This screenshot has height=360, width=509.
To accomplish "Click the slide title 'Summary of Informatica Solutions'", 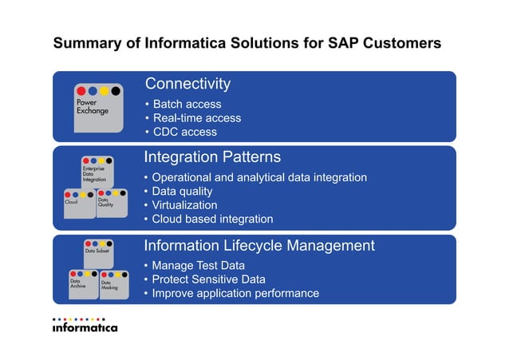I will click(247, 42).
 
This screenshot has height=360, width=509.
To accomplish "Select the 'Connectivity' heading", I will click(187, 84).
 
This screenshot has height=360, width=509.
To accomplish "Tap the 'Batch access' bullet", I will click(187, 104).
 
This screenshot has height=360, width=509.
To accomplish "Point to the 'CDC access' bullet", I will click(184, 132).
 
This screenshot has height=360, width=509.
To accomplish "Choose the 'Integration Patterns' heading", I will click(211, 156).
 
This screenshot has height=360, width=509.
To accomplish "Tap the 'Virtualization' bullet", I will click(184, 205).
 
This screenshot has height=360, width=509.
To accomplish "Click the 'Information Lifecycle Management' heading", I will click(259, 245).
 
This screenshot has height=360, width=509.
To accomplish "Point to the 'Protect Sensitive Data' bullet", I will click(209, 279).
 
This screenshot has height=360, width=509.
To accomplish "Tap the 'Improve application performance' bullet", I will click(235, 293).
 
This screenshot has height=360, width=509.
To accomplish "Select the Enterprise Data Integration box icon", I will click(97, 171).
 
